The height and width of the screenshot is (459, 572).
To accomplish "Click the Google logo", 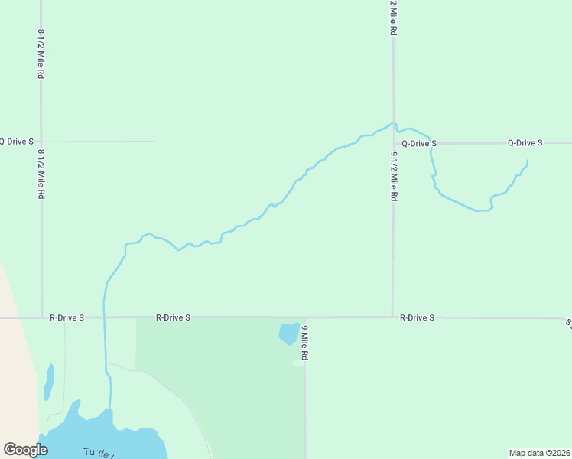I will [25, 450].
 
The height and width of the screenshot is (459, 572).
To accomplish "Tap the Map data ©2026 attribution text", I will [539, 453].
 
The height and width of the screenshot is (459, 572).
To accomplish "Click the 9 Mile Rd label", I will [304, 343].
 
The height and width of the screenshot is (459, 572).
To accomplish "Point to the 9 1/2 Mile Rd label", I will [394, 176].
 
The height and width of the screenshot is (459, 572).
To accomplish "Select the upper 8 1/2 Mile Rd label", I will [41, 55].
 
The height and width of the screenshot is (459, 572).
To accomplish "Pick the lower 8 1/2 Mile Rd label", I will [41, 174].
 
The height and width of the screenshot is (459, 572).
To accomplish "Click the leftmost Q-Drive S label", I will [16, 142].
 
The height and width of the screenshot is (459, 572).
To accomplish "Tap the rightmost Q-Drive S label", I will [525, 143].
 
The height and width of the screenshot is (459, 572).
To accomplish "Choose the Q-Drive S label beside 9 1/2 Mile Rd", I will [419, 143].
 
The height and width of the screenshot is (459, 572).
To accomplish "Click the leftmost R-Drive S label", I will [67, 317].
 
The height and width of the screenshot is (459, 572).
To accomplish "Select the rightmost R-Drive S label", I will [417, 317].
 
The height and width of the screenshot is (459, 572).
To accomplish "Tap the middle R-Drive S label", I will [173, 317].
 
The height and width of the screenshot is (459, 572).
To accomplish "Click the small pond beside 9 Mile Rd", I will [288, 334].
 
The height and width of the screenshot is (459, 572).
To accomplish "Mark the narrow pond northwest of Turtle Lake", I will [50, 381].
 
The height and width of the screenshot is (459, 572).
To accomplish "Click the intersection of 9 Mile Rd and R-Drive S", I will [305, 317].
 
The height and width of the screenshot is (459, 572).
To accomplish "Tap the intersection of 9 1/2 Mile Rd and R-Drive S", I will [393, 317].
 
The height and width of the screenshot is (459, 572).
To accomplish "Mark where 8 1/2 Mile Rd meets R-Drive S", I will [41, 317].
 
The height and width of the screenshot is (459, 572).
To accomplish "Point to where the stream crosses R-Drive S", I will [104, 317].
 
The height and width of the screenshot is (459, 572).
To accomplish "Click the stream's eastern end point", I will [527, 160].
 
